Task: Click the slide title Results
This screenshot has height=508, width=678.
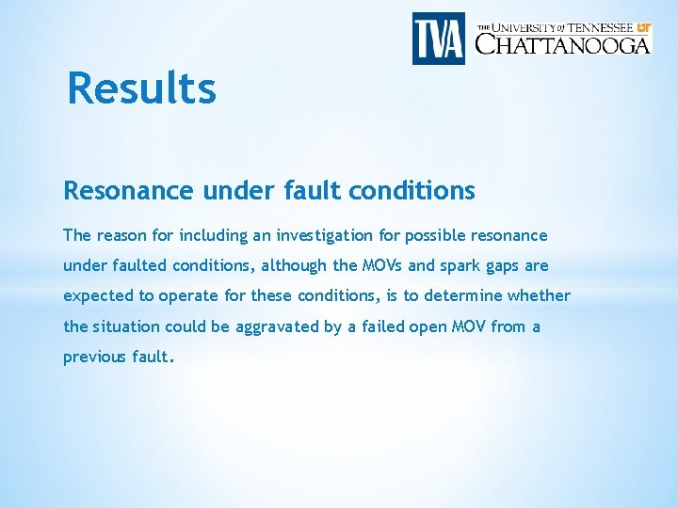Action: pos(142,89)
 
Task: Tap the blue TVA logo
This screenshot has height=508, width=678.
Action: pos(439,39)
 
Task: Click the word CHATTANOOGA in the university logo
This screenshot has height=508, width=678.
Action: pos(562,44)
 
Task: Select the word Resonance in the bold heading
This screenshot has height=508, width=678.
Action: pos(128,191)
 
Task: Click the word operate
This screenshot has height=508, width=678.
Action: pos(188,296)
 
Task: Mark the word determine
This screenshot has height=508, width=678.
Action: pos(463,295)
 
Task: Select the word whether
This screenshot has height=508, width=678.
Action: pos(539,295)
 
